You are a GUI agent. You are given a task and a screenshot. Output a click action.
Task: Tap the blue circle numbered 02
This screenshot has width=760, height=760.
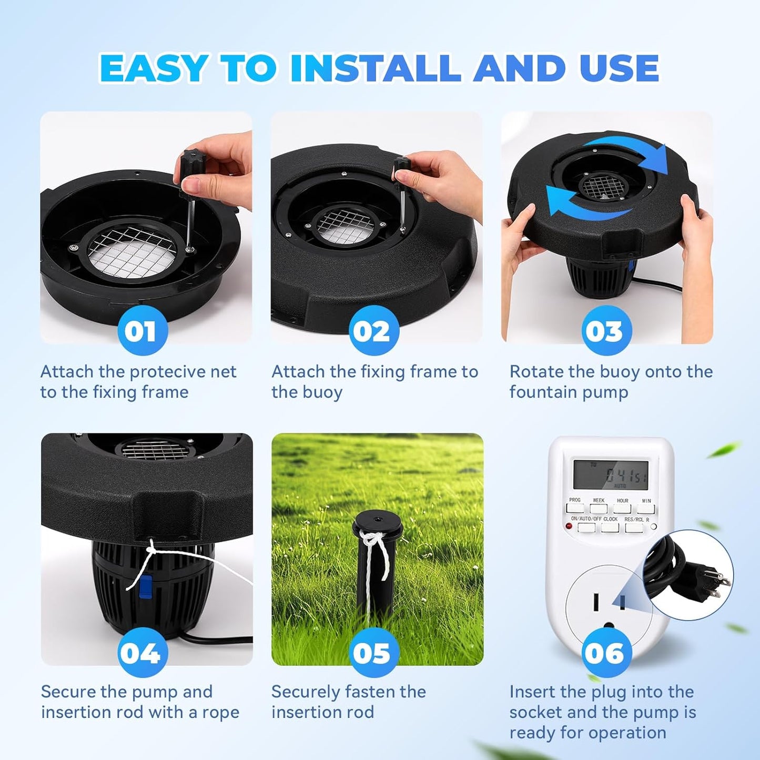[x=373, y=331]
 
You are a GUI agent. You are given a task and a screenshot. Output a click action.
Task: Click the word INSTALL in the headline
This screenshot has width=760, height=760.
[x=376, y=68]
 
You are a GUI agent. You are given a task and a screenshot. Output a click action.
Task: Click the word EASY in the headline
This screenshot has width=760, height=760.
[x=153, y=68]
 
